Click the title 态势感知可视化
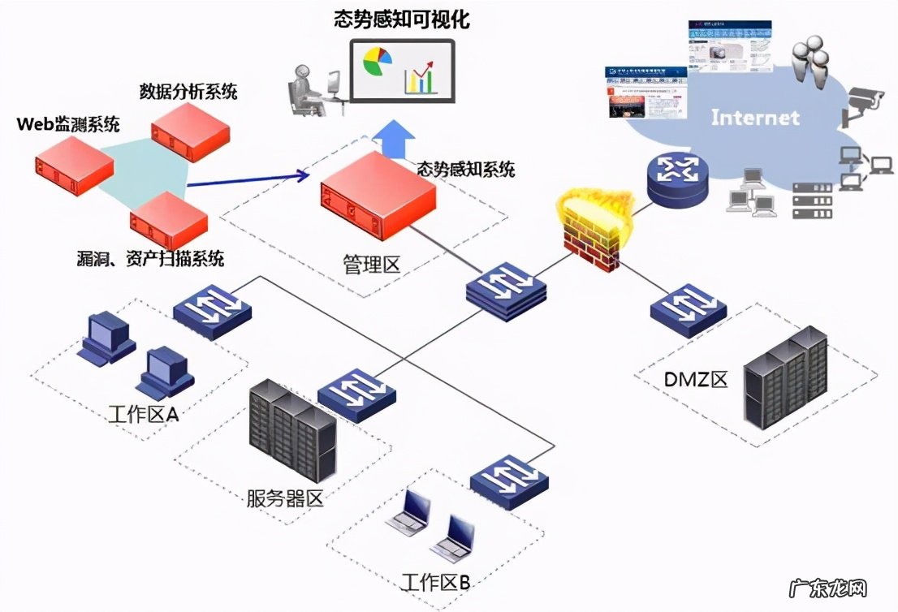click(402, 19)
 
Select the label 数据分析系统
click(188, 90)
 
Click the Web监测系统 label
click(68, 124)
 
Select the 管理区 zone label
click(372, 265)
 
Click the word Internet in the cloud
click(755, 118)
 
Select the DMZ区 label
click(695, 379)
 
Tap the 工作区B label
click(435, 582)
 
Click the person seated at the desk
click(306, 84)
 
